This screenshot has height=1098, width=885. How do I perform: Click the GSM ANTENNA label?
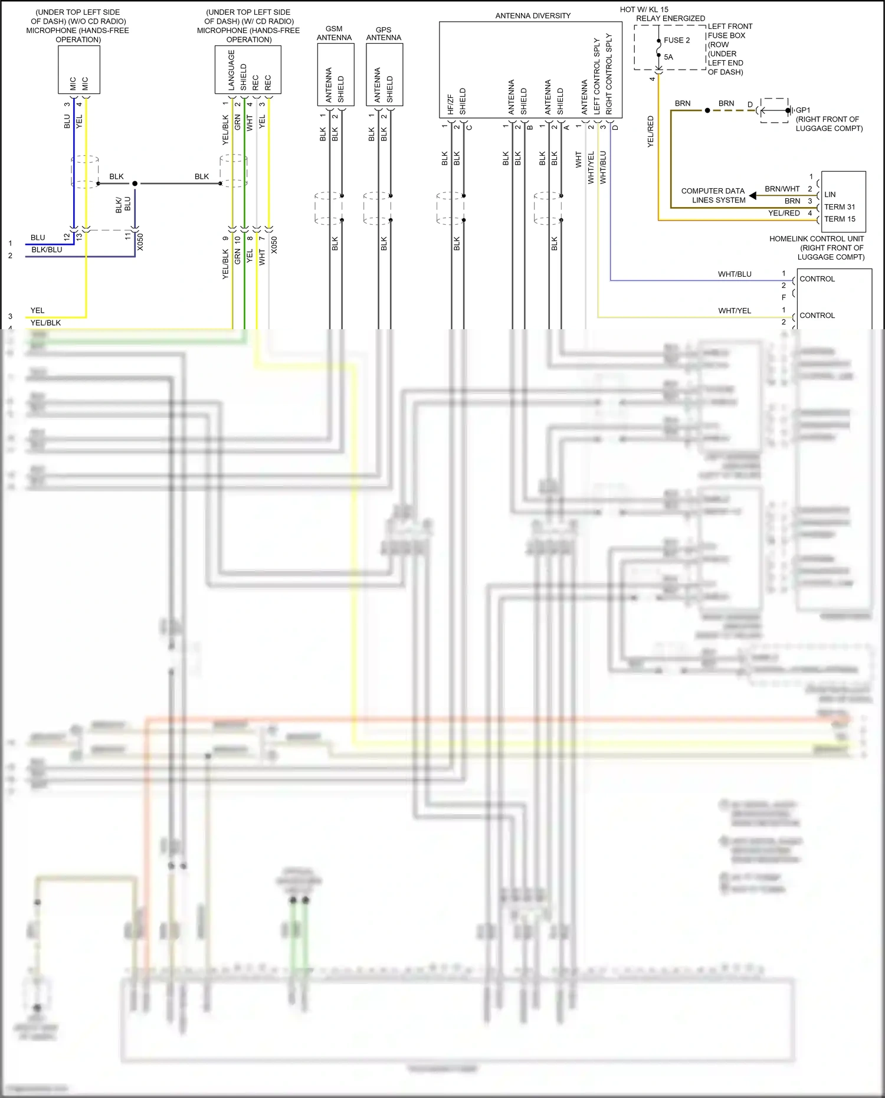pos(334,33)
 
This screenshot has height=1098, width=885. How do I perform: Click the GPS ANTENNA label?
pos(383,34)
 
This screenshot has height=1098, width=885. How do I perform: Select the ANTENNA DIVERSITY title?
pos(533,16)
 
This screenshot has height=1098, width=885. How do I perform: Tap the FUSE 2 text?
pos(677,40)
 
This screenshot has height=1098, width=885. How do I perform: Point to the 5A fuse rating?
pos(668,57)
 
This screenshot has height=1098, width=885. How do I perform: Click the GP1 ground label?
pos(803,110)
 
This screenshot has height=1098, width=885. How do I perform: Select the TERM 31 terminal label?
pos(839,207)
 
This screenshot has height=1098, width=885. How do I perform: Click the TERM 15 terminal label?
pos(839,219)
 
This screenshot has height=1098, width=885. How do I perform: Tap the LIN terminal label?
pos(830,195)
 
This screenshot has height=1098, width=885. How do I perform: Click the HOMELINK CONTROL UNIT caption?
pos(817,239)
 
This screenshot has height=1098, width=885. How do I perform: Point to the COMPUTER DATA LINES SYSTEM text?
pos(713,195)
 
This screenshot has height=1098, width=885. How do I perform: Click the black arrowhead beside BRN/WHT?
pos(753,195)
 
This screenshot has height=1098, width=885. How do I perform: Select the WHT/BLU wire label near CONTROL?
pos(735,274)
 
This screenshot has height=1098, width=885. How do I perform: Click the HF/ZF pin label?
pos(451,104)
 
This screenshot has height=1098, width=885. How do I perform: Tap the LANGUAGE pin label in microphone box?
pos(231,70)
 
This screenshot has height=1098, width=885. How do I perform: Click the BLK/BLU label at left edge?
pos(47,250)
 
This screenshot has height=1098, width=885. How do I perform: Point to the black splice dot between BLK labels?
pos(135,183)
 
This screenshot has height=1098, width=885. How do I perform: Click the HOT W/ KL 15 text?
pos(644,9)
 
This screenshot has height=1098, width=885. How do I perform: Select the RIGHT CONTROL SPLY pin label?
pos(609,73)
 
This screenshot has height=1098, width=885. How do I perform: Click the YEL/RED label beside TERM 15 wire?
pos(784,213)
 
